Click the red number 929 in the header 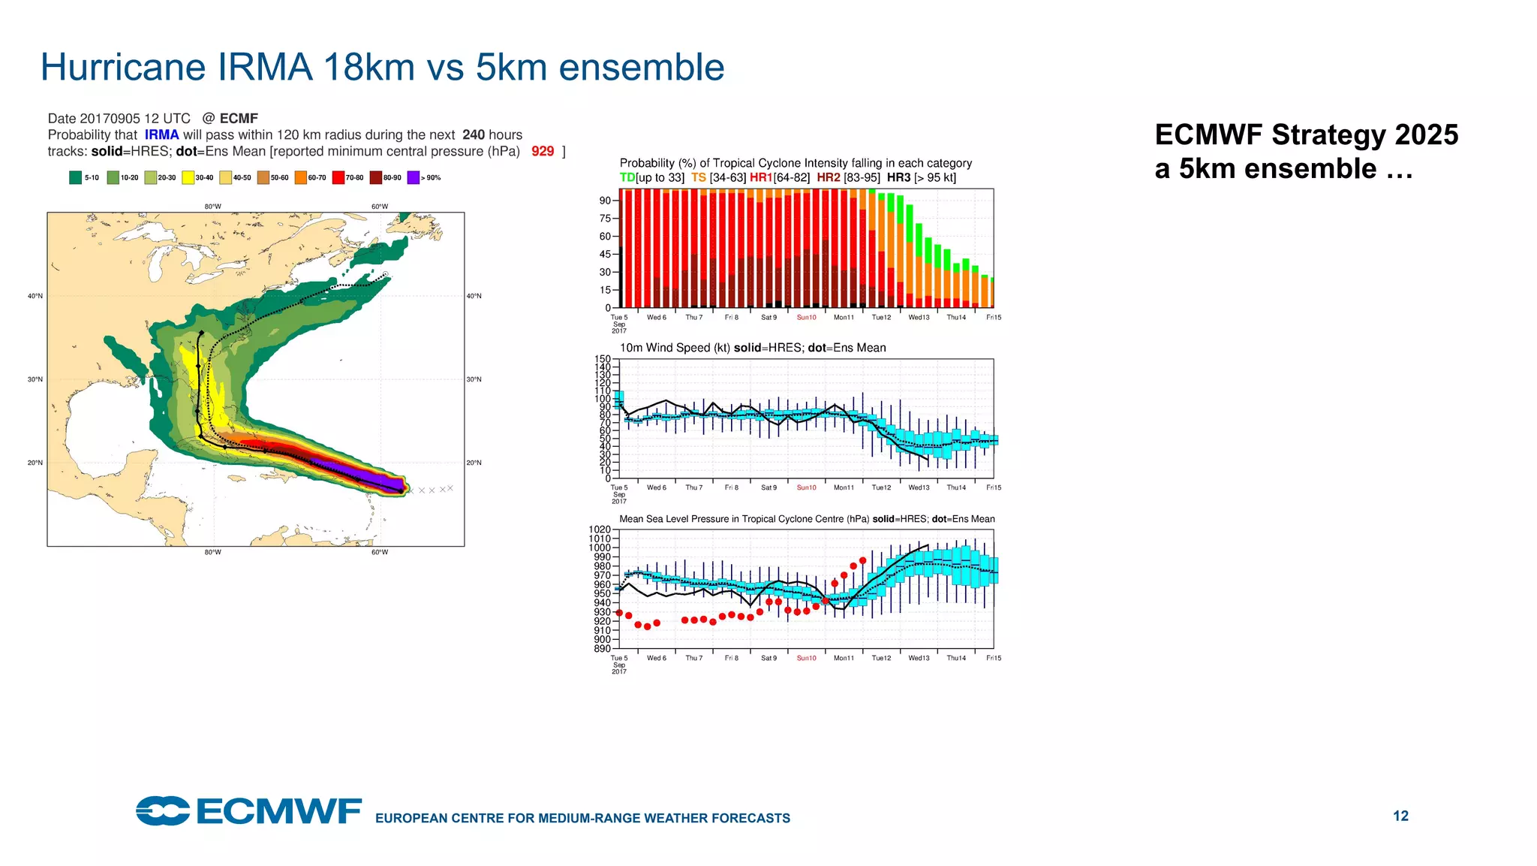click(542, 151)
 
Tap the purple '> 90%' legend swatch click(413, 178)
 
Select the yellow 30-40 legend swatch click(188, 178)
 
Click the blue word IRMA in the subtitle click(161, 134)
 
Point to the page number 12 click(1400, 816)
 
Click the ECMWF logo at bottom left click(248, 811)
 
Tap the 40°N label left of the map click(35, 296)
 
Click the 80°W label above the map click(212, 207)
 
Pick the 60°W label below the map click(379, 552)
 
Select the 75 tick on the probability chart click(605, 219)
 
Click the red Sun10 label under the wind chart click(806, 487)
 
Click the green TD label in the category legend click(627, 178)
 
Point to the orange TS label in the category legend click(698, 178)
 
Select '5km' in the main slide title click(510, 67)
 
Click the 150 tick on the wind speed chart click(602, 359)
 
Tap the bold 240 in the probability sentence click(473, 134)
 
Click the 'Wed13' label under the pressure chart click(919, 658)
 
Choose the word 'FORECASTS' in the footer click(753, 818)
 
